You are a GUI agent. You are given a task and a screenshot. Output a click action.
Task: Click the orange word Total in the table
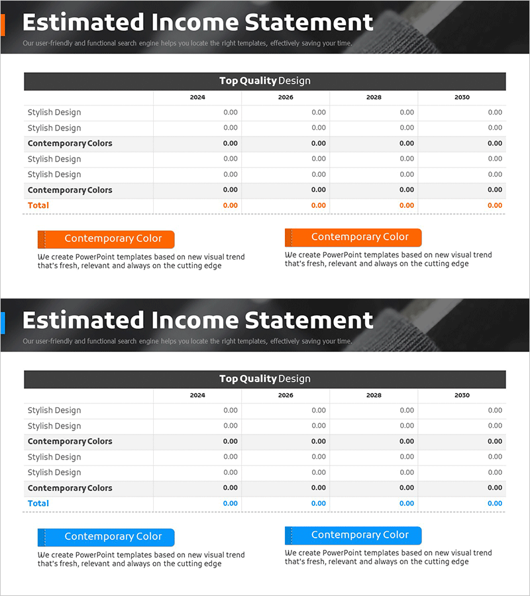(38, 205)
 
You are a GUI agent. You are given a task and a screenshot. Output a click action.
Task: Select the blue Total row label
(38, 503)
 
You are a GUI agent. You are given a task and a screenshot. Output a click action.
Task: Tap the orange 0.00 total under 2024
(230, 205)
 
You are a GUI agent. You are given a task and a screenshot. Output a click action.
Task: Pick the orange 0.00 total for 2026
(318, 205)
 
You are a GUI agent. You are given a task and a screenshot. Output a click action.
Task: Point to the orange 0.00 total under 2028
(406, 205)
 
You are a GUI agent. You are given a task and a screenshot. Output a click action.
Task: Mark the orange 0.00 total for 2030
(494, 205)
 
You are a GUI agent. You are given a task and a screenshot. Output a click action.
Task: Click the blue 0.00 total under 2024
(230, 503)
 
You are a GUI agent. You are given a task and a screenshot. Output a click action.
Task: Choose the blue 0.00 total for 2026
(318, 503)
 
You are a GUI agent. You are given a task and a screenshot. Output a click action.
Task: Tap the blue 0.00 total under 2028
(406, 503)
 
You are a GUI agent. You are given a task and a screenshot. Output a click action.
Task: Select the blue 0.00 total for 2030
(494, 503)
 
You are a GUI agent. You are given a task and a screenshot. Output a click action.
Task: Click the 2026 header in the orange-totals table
(286, 97)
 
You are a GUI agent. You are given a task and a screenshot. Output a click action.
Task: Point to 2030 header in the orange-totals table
(462, 97)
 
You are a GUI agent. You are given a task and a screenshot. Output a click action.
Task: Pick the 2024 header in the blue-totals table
(197, 395)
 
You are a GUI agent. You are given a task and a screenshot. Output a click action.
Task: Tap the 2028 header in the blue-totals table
(374, 395)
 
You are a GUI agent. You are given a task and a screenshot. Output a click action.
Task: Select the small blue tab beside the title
(3, 323)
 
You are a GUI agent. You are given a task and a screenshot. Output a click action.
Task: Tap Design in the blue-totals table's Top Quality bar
(294, 379)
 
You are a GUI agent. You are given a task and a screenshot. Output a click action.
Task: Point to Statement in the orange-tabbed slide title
(309, 23)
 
